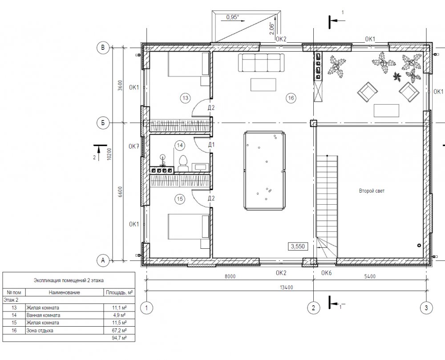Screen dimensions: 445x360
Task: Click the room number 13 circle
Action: click(x=185, y=98)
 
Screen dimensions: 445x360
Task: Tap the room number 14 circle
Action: click(x=180, y=146)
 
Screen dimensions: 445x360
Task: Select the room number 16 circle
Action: click(x=291, y=98)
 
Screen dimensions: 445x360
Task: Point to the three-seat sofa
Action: click(x=263, y=62)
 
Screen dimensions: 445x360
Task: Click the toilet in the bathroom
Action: click(x=183, y=164)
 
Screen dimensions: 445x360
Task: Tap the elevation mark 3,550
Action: click(x=298, y=246)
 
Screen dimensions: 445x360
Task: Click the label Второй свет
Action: click(x=372, y=191)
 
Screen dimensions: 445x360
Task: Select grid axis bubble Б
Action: click(x=103, y=123)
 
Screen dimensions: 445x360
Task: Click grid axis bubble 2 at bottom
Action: click(x=314, y=308)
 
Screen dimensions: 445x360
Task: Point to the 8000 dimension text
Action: click(x=230, y=276)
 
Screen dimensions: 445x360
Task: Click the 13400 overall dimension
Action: click(x=286, y=287)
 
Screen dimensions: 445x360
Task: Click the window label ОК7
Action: click(x=134, y=147)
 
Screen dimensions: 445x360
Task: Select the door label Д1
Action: click(x=211, y=145)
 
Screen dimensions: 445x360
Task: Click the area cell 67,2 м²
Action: click(x=119, y=331)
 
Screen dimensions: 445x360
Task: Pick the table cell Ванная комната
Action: click(x=44, y=315)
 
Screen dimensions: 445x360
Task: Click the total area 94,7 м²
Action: click(x=119, y=338)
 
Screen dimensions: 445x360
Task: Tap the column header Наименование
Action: click(x=65, y=292)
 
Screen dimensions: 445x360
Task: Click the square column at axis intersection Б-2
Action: click(x=314, y=123)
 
